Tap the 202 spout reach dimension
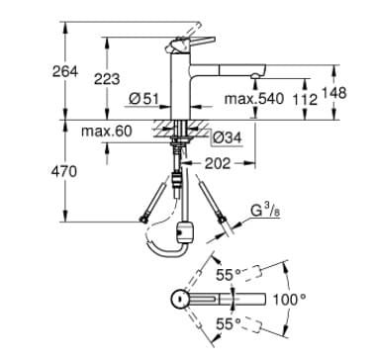click(x=219, y=162)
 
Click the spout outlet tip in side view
click(x=258, y=74)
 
